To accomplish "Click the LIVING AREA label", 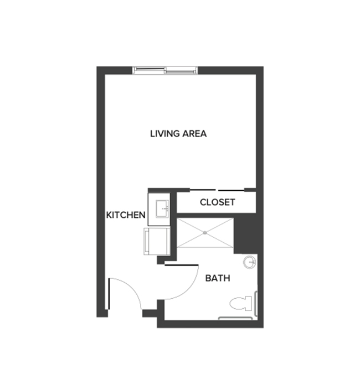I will pyautogui.click(x=178, y=134).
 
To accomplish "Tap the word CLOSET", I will pyautogui.click(x=217, y=202).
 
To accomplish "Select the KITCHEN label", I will pyautogui.click(x=126, y=215).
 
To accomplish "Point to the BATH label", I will pyautogui.click(x=218, y=278).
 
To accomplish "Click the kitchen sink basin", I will pyautogui.click(x=163, y=210).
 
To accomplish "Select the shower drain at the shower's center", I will pyautogui.click(x=205, y=233).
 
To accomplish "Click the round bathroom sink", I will pyautogui.click(x=250, y=262).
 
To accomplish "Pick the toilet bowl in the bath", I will pyautogui.click(x=238, y=303).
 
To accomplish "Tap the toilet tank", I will pyautogui.click(x=250, y=303).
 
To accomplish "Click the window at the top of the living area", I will pyautogui.click(x=165, y=70).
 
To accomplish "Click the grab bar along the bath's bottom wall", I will pyautogui.click(x=238, y=318).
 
